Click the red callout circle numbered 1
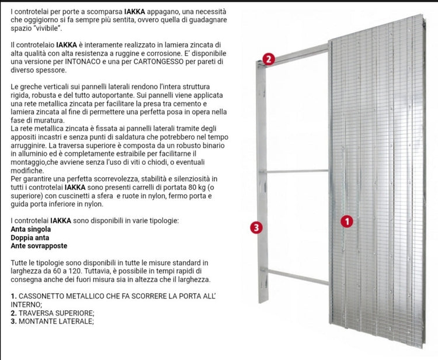[x=347, y=221]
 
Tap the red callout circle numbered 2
[x=268, y=58]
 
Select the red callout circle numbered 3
[x=255, y=227]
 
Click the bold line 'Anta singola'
[x=34, y=230]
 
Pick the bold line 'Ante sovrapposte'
[x=39, y=246]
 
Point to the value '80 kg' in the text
[x=178, y=187]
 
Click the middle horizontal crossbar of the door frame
[x=298, y=171]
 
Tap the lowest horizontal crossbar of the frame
[x=298, y=269]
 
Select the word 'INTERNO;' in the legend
[x=26, y=304]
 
